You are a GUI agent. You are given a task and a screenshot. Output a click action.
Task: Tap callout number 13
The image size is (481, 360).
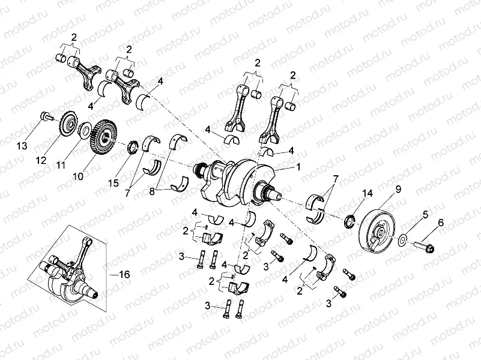point(22,146)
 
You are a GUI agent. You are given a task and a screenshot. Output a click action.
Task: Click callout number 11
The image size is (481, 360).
point(60,164)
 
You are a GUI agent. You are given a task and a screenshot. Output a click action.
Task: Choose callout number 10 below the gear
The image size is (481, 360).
point(77,176)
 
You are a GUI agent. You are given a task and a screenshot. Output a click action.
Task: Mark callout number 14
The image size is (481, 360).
point(368,193)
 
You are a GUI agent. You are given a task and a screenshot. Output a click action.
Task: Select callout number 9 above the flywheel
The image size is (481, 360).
point(398,189)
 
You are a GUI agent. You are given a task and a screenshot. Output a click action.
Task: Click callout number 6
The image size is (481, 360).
point(440,223)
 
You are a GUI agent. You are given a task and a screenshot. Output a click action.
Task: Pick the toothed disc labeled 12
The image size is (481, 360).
point(69,126)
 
